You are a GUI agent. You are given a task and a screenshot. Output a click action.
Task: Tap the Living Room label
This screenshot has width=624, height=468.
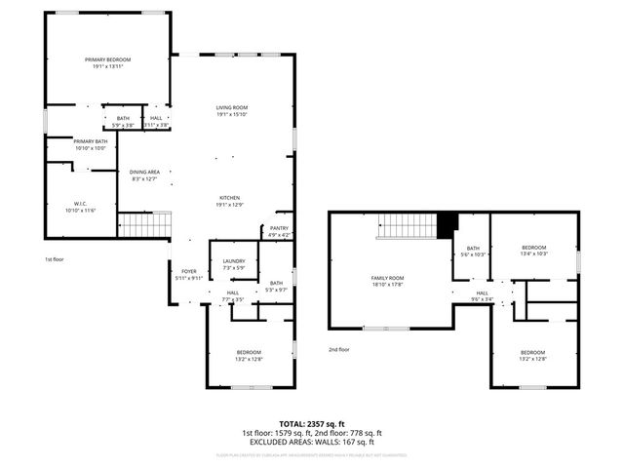click(x=232, y=110)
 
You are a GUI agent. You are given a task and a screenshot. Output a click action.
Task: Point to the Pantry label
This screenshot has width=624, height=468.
click(x=280, y=231)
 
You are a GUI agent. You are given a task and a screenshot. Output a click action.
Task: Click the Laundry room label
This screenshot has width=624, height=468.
click(x=233, y=264)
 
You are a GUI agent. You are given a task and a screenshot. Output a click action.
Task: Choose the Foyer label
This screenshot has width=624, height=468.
click(x=189, y=275)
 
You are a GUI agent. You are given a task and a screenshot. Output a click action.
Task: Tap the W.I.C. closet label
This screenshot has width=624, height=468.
click(x=81, y=207)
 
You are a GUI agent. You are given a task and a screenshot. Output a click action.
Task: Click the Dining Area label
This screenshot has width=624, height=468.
click(x=143, y=175)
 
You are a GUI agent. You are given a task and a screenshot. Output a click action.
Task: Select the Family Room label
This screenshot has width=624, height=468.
click(x=387, y=281)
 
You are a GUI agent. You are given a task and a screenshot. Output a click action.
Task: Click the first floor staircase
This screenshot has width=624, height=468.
click(x=144, y=226)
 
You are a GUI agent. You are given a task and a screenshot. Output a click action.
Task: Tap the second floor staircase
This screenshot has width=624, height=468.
click(x=407, y=227)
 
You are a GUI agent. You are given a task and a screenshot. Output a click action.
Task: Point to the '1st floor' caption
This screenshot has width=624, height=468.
click(x=55, y=259)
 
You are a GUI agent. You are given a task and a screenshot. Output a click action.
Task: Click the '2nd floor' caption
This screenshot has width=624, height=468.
click(x=338, y=349)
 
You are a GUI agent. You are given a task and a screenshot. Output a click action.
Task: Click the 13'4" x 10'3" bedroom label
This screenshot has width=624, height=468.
click(x=534, y=251)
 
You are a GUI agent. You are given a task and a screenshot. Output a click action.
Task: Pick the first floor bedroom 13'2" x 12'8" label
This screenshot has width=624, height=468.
click(x=249, y=355)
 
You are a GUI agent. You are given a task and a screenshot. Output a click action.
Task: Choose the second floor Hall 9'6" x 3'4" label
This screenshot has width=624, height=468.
click(x=482, y=296)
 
